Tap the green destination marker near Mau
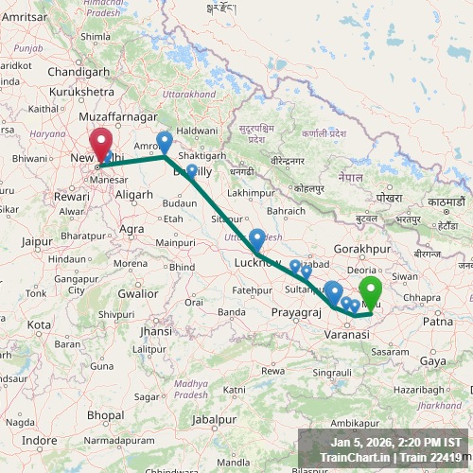click(x=371, y=289)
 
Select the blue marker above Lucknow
click(x=256, y=237)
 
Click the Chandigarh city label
click(x=79, y=72)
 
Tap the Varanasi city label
click(x=345, y=335)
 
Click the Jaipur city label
click(x=37, y=241)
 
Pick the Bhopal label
click(x=105, y=414)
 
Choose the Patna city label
click(x=438, y=322)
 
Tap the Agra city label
click(x=131, y=228)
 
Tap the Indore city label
click(x=40, y=440)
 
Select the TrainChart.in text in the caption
click(x=356, y=458)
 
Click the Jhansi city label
click(x=155, y=332)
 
